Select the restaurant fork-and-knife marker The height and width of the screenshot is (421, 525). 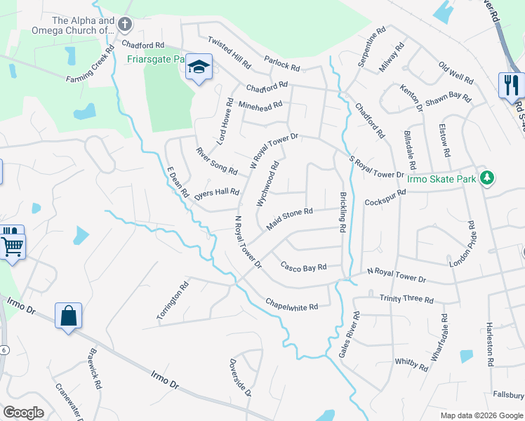[511, 86]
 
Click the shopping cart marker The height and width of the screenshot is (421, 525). [12, 246]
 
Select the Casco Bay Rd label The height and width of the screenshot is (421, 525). [304, 267]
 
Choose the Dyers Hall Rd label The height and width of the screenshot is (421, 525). [217, 192]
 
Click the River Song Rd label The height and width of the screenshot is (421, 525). [217, 160]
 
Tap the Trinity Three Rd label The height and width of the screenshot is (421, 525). [406, 299]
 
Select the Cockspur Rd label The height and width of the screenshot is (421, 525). [385, 197]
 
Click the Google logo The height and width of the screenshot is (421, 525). [24, 413]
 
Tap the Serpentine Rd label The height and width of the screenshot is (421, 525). [371, 47]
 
